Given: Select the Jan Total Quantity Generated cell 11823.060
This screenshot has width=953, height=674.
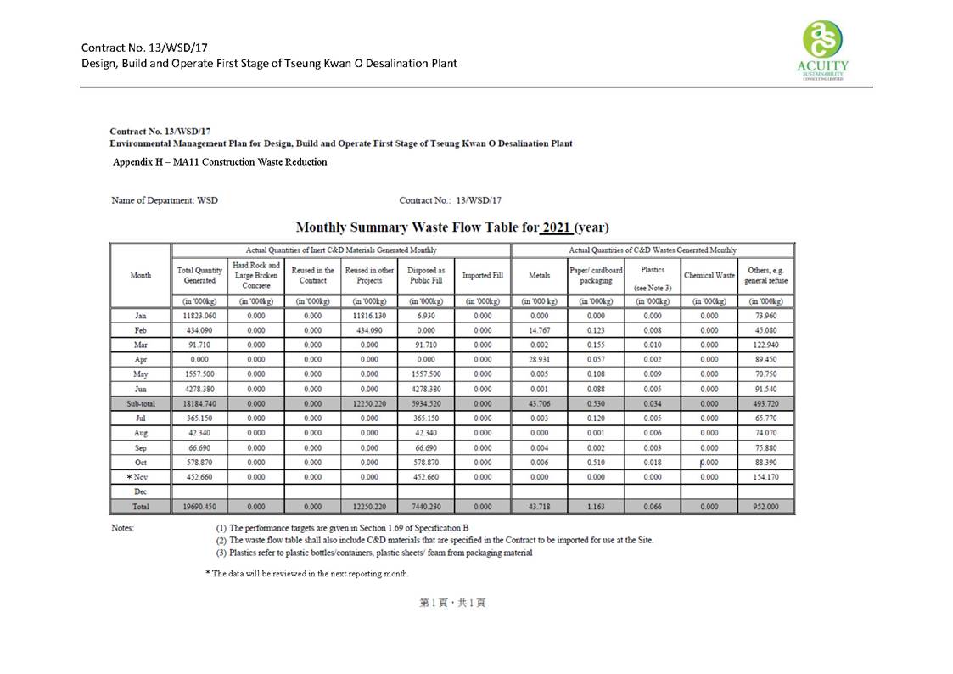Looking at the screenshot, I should click(x=199, y=316).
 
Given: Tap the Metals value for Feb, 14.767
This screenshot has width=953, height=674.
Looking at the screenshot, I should click(x=539, y=330).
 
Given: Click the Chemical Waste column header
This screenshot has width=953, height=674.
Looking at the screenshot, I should click(x=709, y=276).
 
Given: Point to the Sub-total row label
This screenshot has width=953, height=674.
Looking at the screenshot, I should click(x=141, y=404).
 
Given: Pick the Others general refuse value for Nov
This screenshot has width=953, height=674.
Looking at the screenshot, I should click(x=766, y=477).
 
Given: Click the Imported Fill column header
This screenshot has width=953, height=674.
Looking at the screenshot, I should click(x=482, y=276).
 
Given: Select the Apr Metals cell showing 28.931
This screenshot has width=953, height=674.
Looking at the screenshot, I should click(x=539, y=360).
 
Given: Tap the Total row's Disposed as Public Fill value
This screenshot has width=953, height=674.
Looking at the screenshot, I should click(x=425, y=507).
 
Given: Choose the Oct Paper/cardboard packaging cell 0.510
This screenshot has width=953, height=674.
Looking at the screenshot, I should click(x=596, y=463).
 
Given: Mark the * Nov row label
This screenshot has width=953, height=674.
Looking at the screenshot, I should click(x=140, y=477).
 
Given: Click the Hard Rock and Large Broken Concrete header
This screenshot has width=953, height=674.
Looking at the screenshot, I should click(x=256, y=276).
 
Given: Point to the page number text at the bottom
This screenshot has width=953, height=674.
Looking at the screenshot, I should click(x=452, y=603).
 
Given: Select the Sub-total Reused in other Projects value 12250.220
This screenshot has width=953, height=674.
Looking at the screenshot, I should click(x=369, y=404).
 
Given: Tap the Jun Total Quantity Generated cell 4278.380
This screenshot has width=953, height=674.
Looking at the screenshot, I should click(x=199, y=390).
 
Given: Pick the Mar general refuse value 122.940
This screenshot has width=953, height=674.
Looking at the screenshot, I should click(x=766, y=345).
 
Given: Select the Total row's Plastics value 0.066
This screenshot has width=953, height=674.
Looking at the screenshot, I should click(x=653, y=507).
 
